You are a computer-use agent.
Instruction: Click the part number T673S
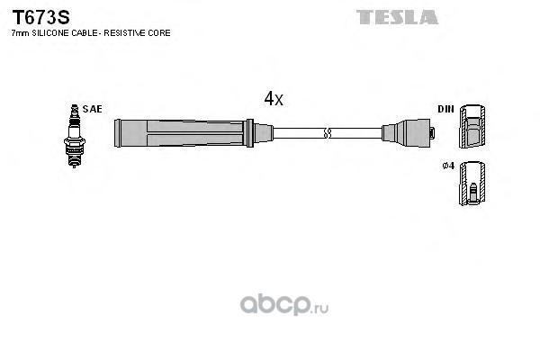coord(41,17)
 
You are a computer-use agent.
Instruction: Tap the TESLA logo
coord(397,17)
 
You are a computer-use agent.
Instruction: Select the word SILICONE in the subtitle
coord(50,33)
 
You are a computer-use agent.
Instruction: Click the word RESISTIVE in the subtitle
coord(124,33)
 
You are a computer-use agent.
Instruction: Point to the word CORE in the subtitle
coord(158,33)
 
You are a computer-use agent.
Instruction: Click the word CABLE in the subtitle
coord(84,33)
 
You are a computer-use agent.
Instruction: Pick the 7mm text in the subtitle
coord(21,33)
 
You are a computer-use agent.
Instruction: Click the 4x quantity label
coord(274,98)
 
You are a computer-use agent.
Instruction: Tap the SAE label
coord(93,109)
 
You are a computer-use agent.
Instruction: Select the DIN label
coord(445,109)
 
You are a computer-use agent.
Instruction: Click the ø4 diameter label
coord(448,166)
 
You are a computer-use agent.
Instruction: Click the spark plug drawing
coord(75,136)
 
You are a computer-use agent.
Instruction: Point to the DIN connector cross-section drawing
coord(472,126)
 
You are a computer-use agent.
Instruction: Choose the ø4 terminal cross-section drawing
coord(472,184)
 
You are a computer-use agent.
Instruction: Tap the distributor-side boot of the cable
coord(406,133)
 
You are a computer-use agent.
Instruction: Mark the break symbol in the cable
coord(328,133)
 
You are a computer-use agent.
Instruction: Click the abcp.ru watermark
coord(284,304)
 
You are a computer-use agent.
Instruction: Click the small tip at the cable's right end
coord(433,132)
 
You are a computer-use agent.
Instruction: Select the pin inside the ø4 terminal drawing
coord(473,193)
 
